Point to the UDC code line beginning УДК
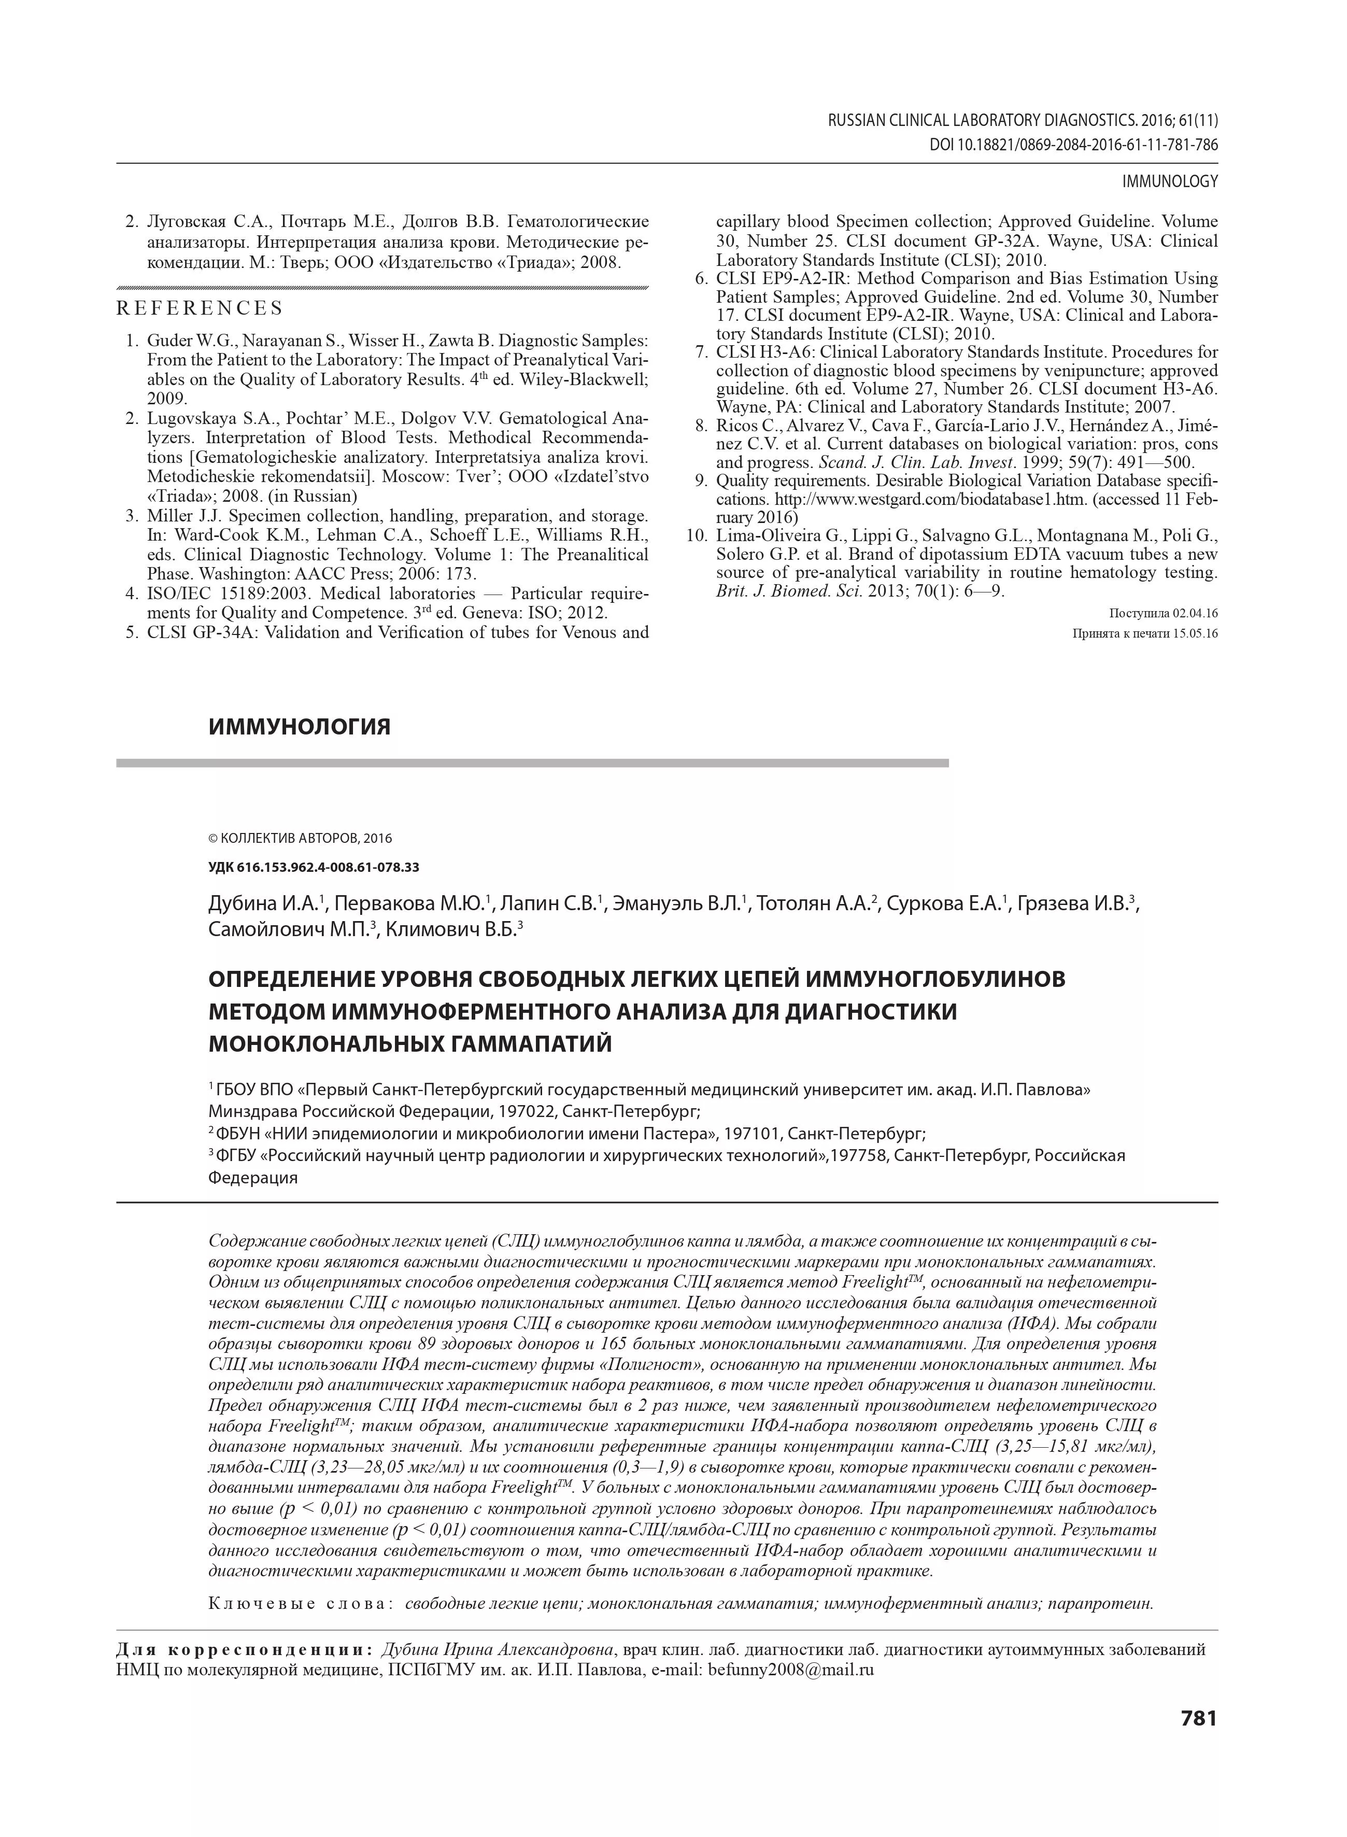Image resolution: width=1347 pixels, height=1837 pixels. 314,868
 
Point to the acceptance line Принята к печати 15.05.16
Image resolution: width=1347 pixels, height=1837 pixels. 1145,633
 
